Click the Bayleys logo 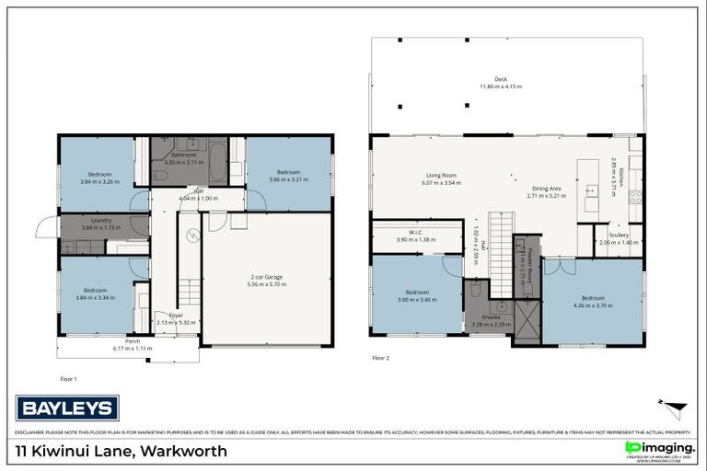point(67,407)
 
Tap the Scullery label point(619,235)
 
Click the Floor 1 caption point(68,377)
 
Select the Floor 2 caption point(380,357)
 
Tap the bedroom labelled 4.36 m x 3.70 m point(592,300)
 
